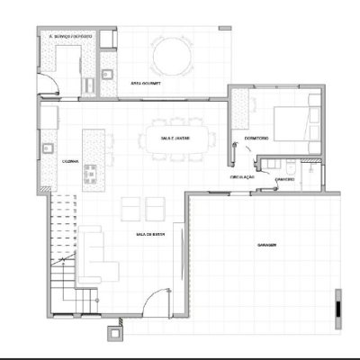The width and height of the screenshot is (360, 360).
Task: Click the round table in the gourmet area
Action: click(x=172, y=56)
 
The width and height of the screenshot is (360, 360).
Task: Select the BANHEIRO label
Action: click(x=286, y=179)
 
